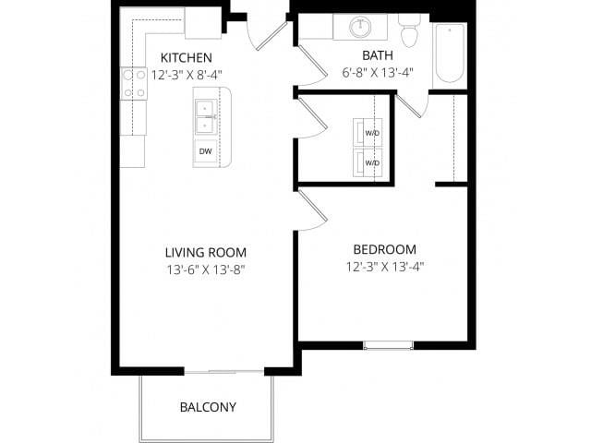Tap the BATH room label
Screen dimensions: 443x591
pos(378,55)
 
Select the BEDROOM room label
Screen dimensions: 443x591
pos(384,249)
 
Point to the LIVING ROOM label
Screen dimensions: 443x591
pos(205,252)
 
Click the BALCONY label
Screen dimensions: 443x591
pos(208,407)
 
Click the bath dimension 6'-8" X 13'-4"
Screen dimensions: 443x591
pos(379,71)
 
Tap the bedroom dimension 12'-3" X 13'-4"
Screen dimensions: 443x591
pos(384,266)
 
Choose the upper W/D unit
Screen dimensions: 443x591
pos(368,134)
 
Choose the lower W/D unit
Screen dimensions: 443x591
pos(368,162)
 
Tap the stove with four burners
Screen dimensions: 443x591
pos(133,83)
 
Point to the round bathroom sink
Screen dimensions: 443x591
pos(361,27)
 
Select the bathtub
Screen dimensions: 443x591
pos(450,54)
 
